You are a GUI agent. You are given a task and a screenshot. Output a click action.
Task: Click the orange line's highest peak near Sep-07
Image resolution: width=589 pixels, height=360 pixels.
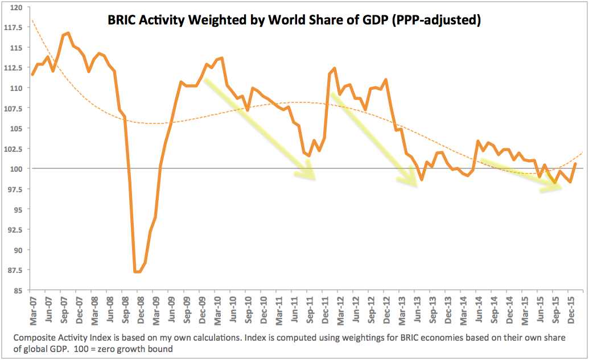[x=68, y=33]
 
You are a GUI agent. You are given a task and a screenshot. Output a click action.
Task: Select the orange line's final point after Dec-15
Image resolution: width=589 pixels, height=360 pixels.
[x=576, y=164]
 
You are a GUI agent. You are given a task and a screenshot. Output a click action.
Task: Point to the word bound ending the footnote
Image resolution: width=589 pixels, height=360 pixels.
[x=160, y=349]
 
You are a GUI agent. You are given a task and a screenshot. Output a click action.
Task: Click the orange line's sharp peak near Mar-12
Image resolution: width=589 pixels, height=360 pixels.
[x=334, y=68]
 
